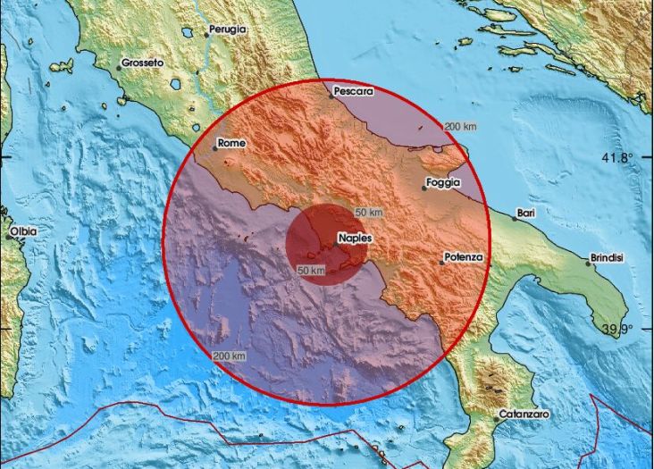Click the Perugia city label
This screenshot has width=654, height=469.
[x=227, y=29]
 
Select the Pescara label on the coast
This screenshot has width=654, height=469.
[x=352, y=91]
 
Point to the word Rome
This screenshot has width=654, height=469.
[x=231, y=143]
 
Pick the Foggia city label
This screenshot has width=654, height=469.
[x=443, y=182]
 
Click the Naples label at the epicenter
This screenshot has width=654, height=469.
[x=355, y=239]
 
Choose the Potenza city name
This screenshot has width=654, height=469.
[x=464, y=257]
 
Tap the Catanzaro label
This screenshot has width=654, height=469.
[x=524, y=415]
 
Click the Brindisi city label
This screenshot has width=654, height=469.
[x=608, y=258]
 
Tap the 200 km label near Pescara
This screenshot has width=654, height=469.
[x=460, y=126]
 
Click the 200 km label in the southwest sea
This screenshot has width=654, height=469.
[x=230, y=356]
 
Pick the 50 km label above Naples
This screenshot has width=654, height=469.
[x=368, y=213]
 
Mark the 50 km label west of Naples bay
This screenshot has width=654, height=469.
[x=310, y=270]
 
